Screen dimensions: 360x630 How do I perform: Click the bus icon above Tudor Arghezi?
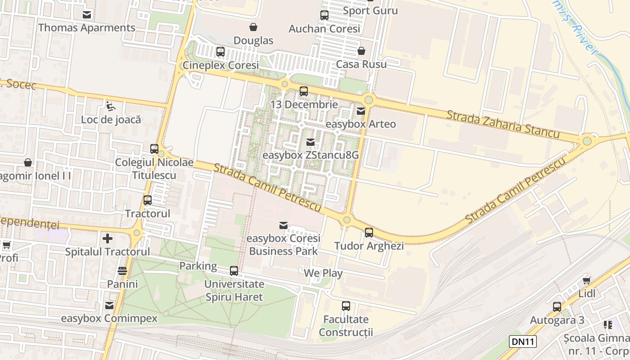[x=369, y=232]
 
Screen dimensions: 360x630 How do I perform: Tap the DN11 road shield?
[x=523, y=342]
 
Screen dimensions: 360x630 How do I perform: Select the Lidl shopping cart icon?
[x=586, y=280]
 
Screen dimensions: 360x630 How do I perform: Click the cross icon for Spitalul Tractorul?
[x=107, y=238]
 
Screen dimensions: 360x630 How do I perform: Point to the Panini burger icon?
[x=122, y=271]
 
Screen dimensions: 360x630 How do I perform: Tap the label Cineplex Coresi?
[x=220, y=65]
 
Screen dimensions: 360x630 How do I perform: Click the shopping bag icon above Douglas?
[x=253, y=27]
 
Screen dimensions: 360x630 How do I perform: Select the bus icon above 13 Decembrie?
[x=304, y=91]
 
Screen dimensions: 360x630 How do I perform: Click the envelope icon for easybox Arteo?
[x=361, y=111]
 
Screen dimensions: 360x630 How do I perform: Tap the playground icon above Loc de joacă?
[x=110, y=106]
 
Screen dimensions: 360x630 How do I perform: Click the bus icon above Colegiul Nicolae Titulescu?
[x=154, y=148]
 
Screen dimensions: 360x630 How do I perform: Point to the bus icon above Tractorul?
[x=147, y=200]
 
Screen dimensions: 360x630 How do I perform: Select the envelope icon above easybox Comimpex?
[x=109, y=306]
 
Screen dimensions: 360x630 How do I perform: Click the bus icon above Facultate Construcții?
[x=346, y=306]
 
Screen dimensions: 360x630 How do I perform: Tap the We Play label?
[x=323, y=273]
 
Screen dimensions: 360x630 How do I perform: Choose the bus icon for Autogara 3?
[x=557, y=307]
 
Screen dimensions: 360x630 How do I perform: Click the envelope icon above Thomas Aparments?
[x=86, y=15]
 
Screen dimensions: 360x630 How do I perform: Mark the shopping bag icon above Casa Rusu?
[x=361, y=51]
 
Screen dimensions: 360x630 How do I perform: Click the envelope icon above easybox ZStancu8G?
[x=310, y=142]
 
